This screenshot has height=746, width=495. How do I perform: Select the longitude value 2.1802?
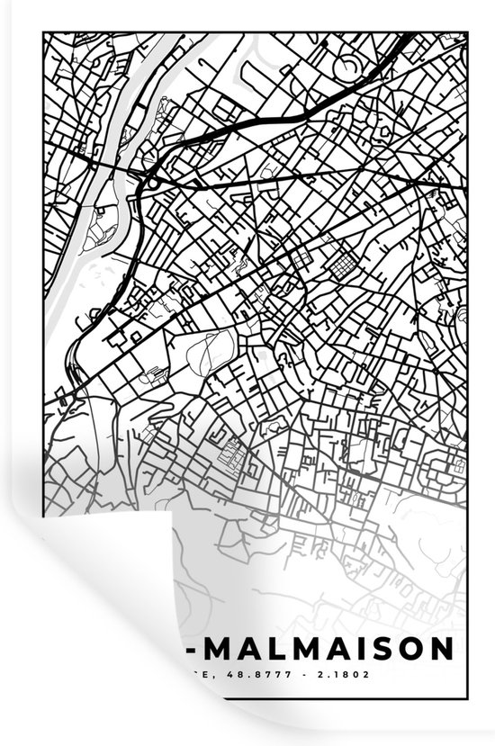click(341, 674)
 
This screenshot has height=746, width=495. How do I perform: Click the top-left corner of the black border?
click(43, 33)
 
